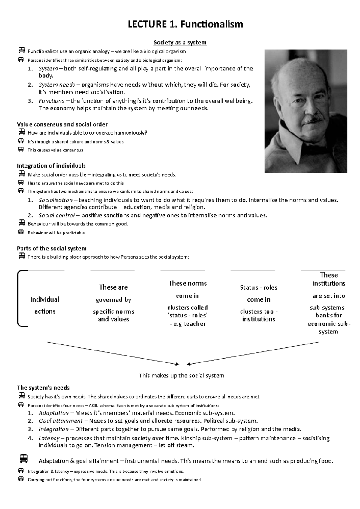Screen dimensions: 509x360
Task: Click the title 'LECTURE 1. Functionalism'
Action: point(185,24)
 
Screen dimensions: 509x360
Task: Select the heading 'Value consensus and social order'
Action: point(62,124)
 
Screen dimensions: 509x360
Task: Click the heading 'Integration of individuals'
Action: point(51,166)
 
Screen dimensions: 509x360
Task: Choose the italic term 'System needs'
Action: point(57,85)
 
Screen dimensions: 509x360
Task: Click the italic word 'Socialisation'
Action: point(55,200)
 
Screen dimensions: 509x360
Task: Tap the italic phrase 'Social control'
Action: point(57,215)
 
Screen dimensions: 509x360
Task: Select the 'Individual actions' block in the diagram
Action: point(45,305)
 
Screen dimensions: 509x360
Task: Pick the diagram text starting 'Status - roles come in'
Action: point(259,303)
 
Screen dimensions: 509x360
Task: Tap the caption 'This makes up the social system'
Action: point(181,376)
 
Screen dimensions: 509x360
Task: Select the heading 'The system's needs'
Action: point(43,388)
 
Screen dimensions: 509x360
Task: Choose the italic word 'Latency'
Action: point(49,438)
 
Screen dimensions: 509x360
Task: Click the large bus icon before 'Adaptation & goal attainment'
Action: point(24,459)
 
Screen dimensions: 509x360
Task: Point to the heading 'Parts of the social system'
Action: point(52,249)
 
